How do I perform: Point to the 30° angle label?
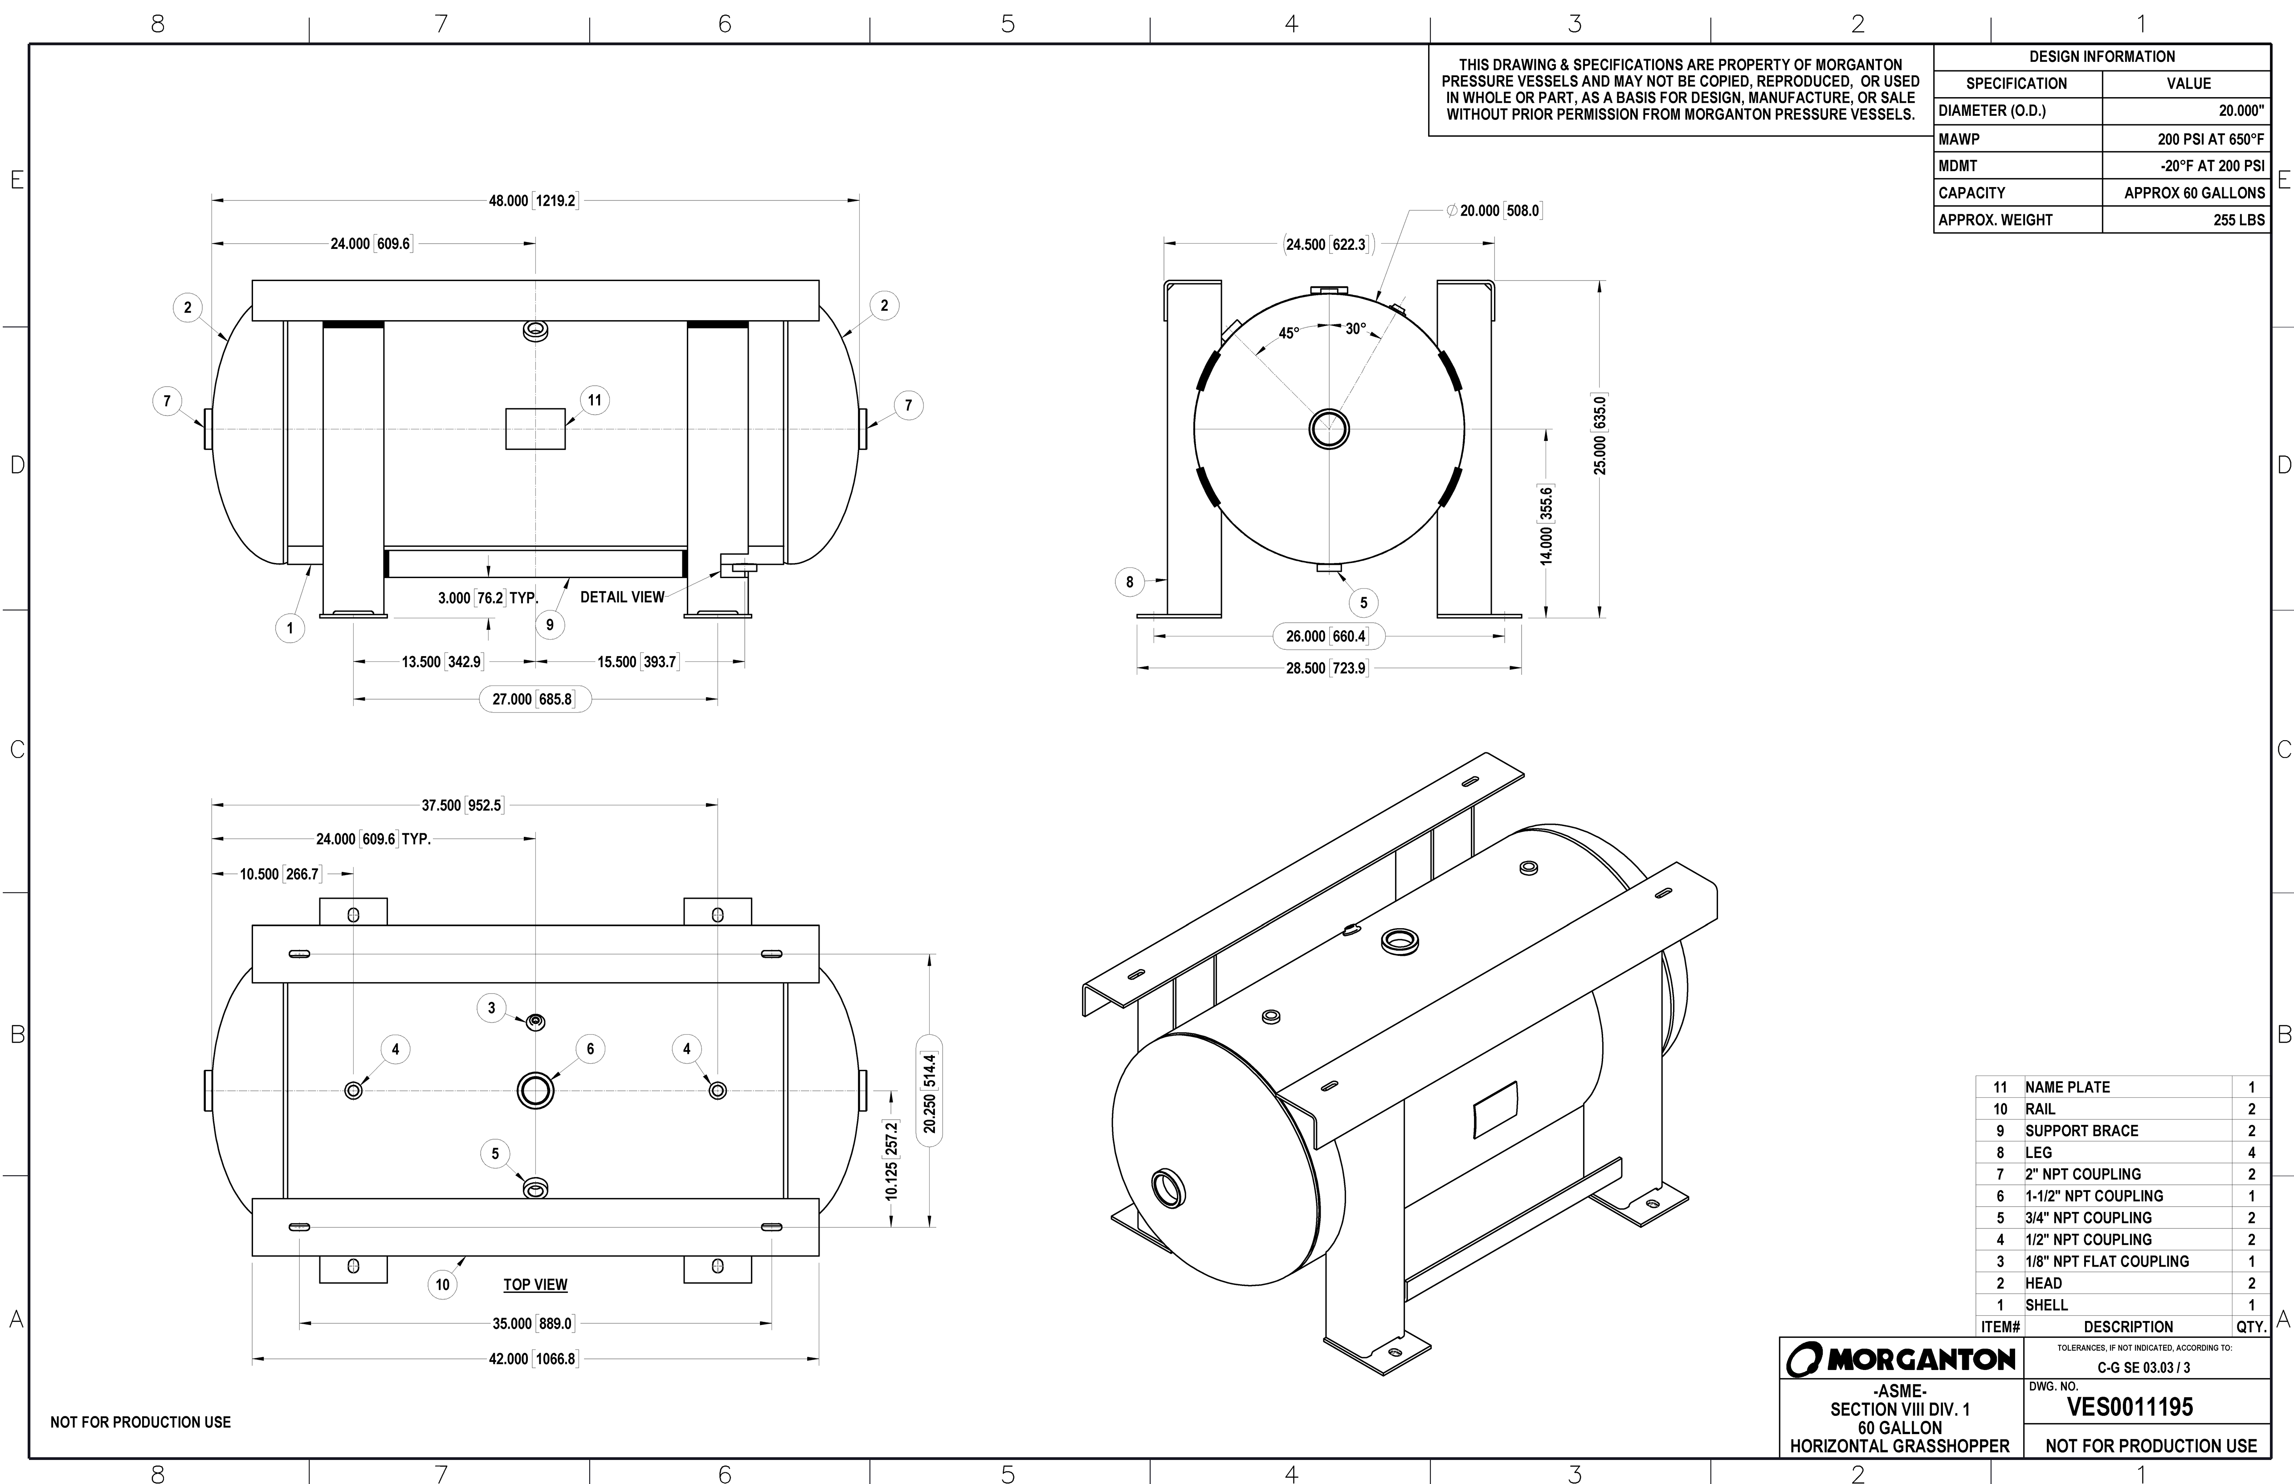tap(1355, 329)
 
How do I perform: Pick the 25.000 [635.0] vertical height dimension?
tap(1600, 435)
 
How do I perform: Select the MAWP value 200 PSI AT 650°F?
tap(2210, 139)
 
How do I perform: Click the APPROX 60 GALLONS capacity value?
tap(2194, 193)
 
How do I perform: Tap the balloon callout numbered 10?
tap(442, 1284)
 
